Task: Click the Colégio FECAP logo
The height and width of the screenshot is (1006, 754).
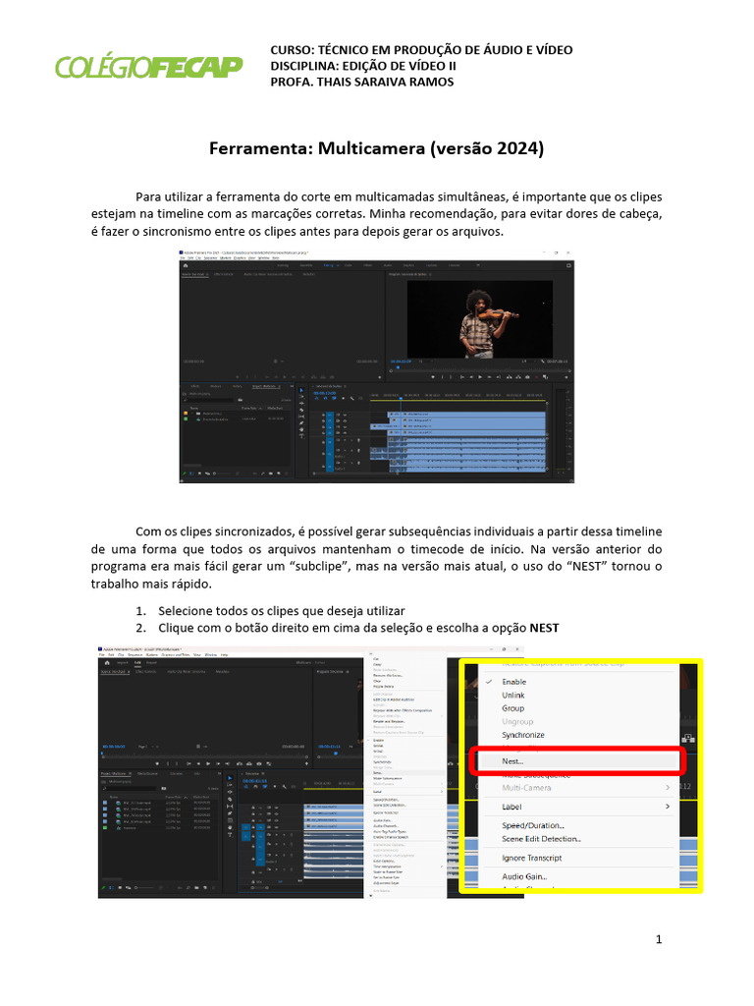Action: pos(148,66)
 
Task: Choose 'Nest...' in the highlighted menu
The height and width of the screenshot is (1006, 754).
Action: pos(512,760)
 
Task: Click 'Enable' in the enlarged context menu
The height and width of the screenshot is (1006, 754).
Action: pos(513,681)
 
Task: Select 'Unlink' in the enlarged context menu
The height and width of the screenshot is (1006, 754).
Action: pos(513,695)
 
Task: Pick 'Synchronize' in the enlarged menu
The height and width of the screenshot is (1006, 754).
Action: pos(523,735)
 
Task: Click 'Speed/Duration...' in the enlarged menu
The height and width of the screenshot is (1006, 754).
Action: pos(533,825)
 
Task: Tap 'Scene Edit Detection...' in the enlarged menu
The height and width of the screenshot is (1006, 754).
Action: pos(541,839)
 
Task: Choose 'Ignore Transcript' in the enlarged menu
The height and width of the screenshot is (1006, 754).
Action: pos(532,858)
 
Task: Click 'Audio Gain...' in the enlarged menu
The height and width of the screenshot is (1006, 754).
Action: pos(524,876)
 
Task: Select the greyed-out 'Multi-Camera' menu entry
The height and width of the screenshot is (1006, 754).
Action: pos(526,788)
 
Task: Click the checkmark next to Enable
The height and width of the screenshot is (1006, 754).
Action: pos(487,681)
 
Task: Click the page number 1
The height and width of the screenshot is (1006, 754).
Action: pos(659,939)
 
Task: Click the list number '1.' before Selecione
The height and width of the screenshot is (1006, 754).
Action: pos(141,610)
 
